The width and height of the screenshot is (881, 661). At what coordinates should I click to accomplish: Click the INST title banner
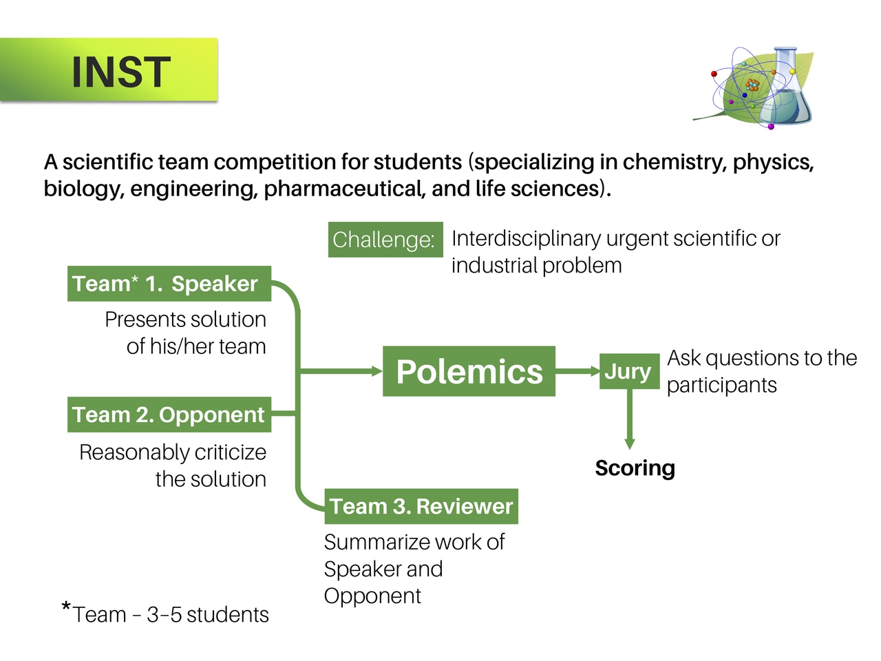coord(109,70)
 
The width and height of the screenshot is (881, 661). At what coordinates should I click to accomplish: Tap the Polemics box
coord(469,371)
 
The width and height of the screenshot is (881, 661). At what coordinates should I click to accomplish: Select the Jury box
coord(629,371)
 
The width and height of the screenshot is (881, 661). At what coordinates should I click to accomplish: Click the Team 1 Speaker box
coord(169,284)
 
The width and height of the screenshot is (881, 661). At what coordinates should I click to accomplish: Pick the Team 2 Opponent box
coord(169,415)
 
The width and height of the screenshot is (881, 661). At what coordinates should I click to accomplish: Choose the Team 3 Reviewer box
coord(421,506)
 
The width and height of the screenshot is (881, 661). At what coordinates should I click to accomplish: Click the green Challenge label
coord(385,240)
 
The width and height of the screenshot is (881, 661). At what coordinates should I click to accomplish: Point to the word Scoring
coord(635,468)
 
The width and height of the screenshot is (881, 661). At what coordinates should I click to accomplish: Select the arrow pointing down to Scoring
coord(629,419)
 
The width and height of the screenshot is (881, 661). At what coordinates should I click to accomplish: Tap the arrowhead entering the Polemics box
coord(377,371)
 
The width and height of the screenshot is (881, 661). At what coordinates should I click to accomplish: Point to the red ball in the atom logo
coord(714,74)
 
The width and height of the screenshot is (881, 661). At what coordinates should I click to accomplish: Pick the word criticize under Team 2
coord(231,452)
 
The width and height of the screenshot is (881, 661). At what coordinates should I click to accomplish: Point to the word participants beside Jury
coord(721,386)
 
